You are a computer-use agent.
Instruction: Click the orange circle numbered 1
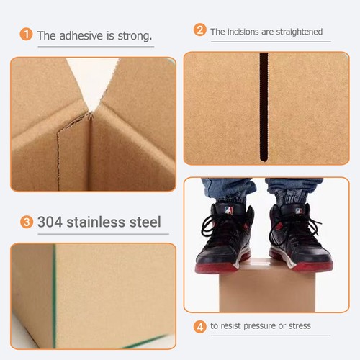coord(27,35)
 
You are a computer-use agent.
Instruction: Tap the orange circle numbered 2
coord(200,30)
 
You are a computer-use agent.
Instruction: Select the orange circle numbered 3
coord(27,222)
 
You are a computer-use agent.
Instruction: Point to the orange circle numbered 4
coord(200,326)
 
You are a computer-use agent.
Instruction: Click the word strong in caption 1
coord(135,35)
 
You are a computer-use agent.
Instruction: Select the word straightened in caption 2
coord(297,32)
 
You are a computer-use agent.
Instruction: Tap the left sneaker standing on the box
coord(225,238)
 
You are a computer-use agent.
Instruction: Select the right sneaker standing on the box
coord(297,238)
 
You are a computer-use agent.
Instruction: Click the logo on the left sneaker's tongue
coord(229,211)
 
